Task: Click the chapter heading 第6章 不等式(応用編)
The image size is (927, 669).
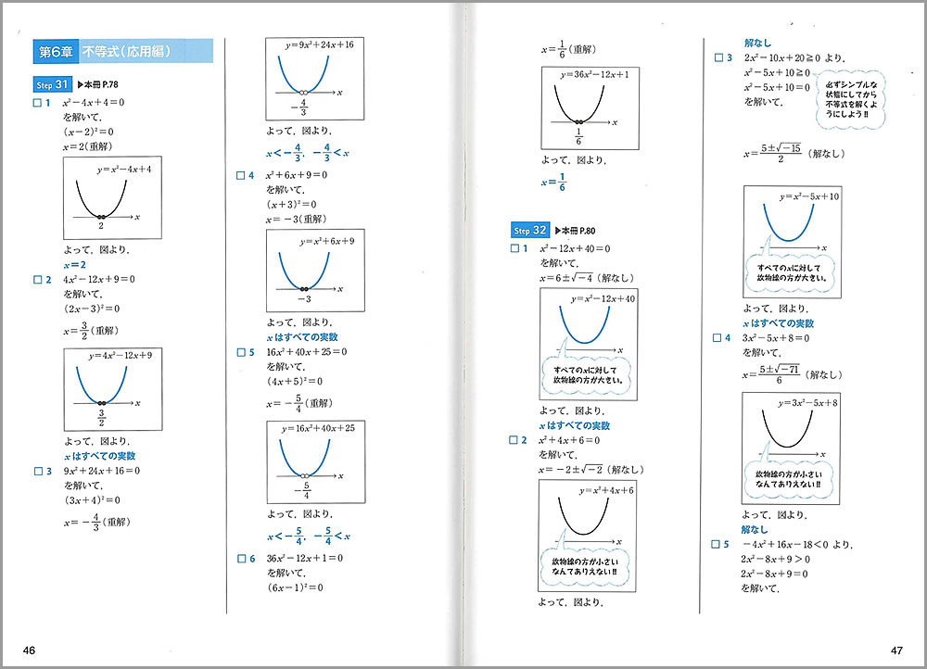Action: (121, 51)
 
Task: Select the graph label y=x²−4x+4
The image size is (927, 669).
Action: (123, 170)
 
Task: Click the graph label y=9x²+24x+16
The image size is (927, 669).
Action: (313, 44)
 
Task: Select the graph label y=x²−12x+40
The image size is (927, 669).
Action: (603, 299)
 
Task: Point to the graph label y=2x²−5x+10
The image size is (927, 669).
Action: (809, 196)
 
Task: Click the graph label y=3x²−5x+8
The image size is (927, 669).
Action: (809, 403)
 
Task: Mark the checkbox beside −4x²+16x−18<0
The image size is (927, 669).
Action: (717, 544)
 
